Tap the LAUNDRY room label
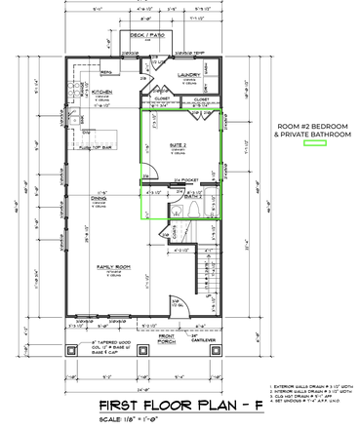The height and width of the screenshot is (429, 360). [x=189, y=74]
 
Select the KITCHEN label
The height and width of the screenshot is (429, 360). [x=87, y=95]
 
